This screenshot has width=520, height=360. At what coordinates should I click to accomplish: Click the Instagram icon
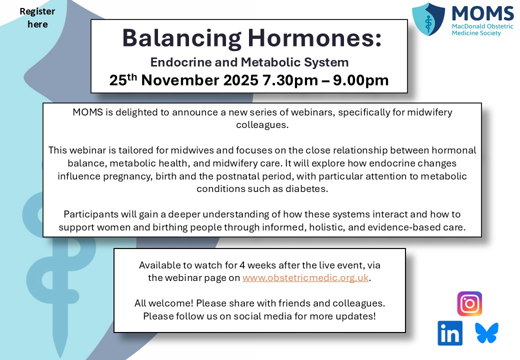[x=469, y=304]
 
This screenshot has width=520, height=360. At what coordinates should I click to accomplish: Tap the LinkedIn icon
[x=450, y=333]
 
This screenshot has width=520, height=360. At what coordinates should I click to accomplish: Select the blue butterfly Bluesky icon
[x=487, y=333]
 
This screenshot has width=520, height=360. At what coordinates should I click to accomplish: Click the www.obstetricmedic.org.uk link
[x=306, y=278]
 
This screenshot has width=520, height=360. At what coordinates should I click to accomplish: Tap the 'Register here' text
[x=38, y=17]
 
